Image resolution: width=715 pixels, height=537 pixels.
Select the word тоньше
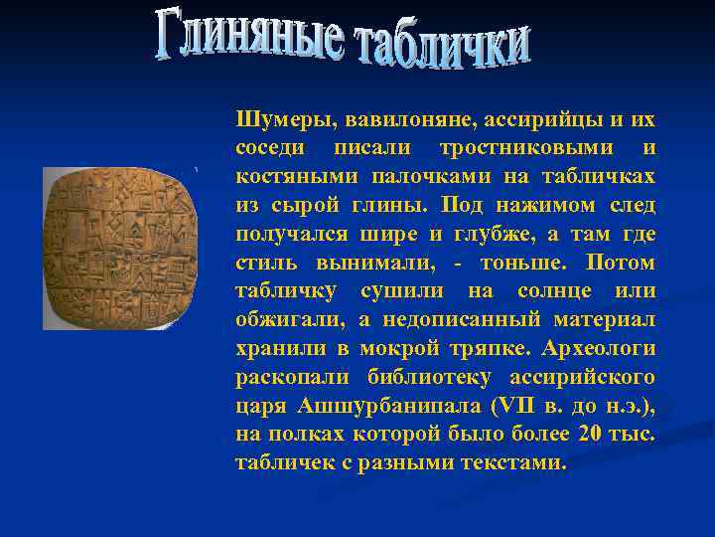(x=525, y=264)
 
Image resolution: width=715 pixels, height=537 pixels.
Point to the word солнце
(x=560, y=292)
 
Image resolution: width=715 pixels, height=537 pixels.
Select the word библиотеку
(x=433, y=378)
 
